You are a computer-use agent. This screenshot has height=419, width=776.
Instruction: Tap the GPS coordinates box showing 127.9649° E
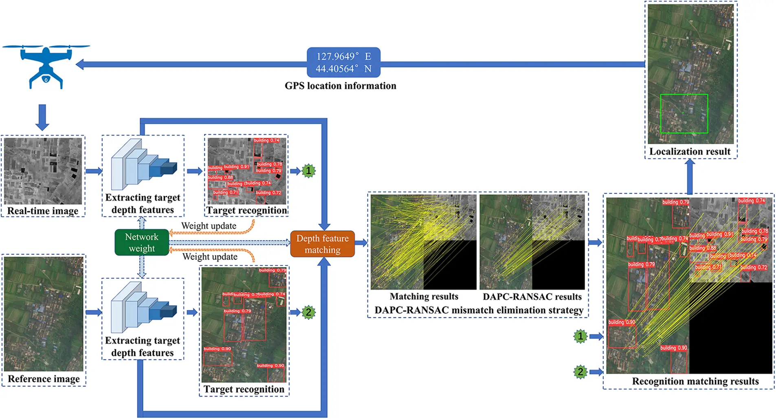point(343,62)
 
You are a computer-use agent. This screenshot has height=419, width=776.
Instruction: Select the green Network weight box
point(142,242)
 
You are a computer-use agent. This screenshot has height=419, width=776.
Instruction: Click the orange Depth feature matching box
point(322,244)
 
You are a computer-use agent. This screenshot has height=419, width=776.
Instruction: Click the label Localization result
point(690,152)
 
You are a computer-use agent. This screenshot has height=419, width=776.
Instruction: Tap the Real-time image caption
point(43,211)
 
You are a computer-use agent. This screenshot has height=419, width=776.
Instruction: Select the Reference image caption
point(44,379)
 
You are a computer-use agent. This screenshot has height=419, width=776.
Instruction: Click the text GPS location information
point(340,86)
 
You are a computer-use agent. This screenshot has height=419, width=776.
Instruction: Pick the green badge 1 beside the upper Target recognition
point(309,171)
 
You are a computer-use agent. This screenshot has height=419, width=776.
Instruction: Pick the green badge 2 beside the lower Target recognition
point(309,313)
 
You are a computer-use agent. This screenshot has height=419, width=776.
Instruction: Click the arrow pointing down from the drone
point(42,117)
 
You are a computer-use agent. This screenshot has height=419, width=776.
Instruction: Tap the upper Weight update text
point(209,226)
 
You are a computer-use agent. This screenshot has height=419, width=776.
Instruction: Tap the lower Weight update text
point(210,257)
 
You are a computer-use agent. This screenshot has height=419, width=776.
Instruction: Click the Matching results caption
point(424,297)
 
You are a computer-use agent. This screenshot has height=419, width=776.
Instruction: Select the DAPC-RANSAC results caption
point(532,297)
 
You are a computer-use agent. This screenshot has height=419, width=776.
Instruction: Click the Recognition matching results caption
point(695,381)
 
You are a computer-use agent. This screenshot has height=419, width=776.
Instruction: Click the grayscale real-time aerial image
point(43,171)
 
